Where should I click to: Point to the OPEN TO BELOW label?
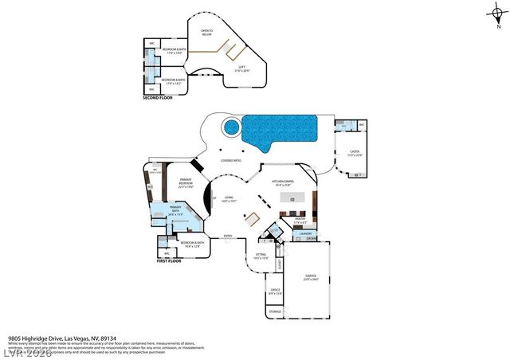206,34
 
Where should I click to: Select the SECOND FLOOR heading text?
156,98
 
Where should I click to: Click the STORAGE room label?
274,311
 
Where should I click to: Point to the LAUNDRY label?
306,233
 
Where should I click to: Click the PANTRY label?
300,219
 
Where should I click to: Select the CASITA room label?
355,153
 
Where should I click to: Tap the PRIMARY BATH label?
175,212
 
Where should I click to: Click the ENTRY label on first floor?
228,236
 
